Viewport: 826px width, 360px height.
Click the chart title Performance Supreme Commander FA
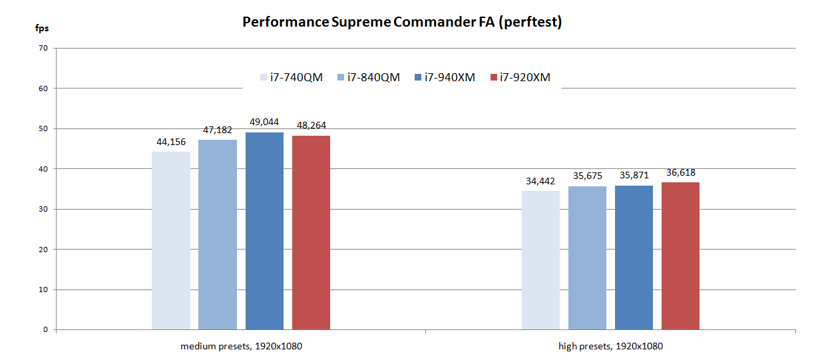click(402, 22)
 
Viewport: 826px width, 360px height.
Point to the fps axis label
click(41, 29)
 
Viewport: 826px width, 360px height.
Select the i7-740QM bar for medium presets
click(171, 241)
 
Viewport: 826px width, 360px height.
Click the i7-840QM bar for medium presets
click(218, 234)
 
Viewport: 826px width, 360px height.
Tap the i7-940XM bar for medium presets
click(264, 231)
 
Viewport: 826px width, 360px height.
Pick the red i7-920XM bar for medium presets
click(311, 233)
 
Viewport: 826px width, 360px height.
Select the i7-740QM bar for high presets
click(540, 260)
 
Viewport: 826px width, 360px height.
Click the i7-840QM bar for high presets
click(587, 258)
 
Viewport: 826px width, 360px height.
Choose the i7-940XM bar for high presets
click(634, 258)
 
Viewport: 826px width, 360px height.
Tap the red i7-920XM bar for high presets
click(680, 256)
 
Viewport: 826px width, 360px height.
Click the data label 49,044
click(264, 122)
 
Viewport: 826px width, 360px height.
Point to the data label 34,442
click(540, 181)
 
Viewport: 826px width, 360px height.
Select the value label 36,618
click(680, 173)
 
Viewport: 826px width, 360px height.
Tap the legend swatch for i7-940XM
click(419, 77)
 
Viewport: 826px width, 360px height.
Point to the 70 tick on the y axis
click(43, 48)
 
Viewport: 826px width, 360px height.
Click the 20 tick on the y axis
click(43, 250)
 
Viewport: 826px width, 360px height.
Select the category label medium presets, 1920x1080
click(236, 347)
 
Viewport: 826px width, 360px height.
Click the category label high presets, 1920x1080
click(610, 347)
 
